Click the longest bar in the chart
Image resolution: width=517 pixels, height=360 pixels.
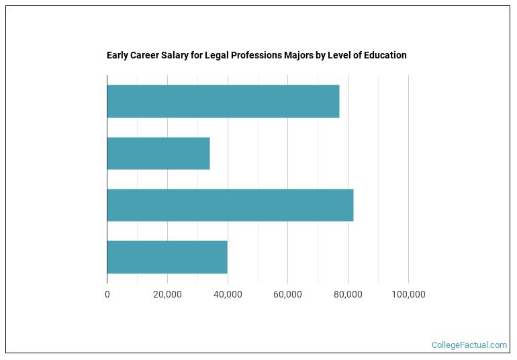coord(230,205)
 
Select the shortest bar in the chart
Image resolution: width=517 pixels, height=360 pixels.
coord(158,153)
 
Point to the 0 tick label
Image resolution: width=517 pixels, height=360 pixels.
coord(107,295)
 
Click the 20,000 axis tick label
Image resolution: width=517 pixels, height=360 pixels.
coord(167,295)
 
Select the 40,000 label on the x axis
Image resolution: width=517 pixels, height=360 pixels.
coord(228,295)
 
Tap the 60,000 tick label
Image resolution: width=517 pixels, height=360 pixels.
coord(287,295)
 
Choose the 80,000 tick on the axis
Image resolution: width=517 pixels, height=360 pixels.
coord(348,295)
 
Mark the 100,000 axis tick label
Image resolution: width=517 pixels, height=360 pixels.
coord(408,295)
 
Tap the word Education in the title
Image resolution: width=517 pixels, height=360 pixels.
coord(385,55)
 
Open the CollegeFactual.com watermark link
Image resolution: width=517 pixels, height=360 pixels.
coord(469,345)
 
